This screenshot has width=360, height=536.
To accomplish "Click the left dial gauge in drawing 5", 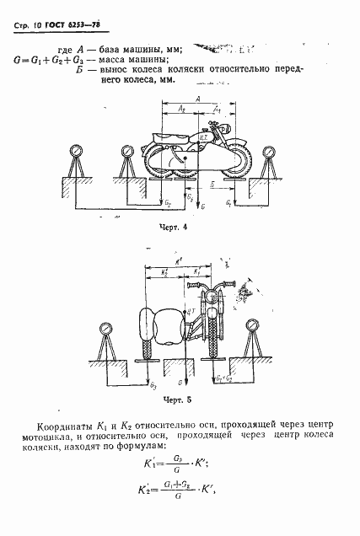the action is tap(106, 328).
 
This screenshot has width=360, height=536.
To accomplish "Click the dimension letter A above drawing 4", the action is tap(196, 99).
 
